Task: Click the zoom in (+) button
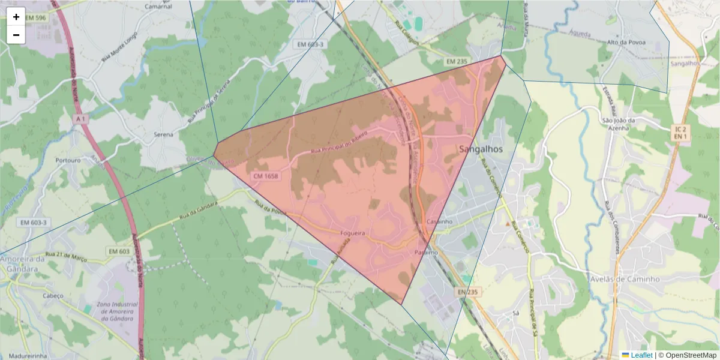click(16, 17)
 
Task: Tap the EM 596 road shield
click(36, 18)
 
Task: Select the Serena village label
click(163, 134)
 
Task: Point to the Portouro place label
click(68, 161)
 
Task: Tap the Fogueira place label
click(353, 233)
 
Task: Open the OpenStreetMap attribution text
click(690, 355)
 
